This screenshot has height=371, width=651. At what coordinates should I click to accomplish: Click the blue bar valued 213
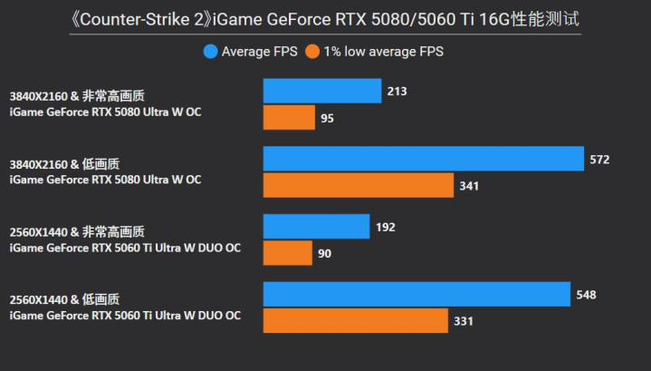click(321, 91)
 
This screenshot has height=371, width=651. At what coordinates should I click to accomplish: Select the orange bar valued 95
click(289, 118)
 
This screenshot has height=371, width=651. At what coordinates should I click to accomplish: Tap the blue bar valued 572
click(423, 159)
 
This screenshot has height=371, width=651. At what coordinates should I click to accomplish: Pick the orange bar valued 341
click(358, 186)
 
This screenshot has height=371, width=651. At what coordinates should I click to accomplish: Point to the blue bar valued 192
click(316, 227)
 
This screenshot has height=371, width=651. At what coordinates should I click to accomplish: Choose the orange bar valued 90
click(287, 253)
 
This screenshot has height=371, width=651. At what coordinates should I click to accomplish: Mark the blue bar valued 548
click(416, 295)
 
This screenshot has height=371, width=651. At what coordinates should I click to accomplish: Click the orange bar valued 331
click(355, 321)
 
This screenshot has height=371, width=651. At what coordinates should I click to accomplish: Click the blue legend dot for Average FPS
click(211, 52)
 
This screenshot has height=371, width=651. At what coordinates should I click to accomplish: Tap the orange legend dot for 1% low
click(312, 52)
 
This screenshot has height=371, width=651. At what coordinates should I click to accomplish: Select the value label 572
click(599, 160)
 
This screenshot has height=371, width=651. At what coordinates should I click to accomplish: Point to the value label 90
click(325, 254)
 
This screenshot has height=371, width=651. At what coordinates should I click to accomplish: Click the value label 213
click(397, 92)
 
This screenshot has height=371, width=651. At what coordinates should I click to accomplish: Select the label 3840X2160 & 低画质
click(64, 164)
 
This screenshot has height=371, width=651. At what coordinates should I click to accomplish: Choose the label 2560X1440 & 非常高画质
click(76, 232)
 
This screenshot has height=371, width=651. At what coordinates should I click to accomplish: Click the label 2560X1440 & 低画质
click(64, 299)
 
